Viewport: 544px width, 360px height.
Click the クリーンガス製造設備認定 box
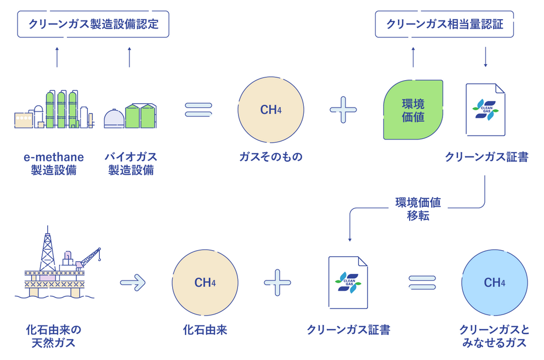pyautogui.click(x=93, y=25)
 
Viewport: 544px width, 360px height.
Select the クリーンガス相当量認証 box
pyautogui.click(x=444, y=25)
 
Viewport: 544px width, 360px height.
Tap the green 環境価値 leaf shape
pyautogui.click(x=413, y=110)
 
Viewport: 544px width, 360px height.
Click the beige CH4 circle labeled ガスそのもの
pyautogui.click(x=271, y=109)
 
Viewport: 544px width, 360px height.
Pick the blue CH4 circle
pyautogui.click(x=495, y=283)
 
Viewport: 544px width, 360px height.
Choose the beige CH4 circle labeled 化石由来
pyautogui.click(x=205, y=283)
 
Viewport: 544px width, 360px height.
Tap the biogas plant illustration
pyautogui.click(x=130, y=116)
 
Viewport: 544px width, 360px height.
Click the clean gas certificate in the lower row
pyautogui.click(x=348, y=283)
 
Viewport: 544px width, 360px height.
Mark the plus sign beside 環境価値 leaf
pyautogui.click(x=344, y=109)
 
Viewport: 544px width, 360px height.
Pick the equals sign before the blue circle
pyautogui.click(x=422, y=283)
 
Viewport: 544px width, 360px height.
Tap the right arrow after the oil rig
pyautogui.click(x=133, y=283)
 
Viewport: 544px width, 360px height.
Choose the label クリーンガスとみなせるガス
pyautogui.click(x=495, y=336)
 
